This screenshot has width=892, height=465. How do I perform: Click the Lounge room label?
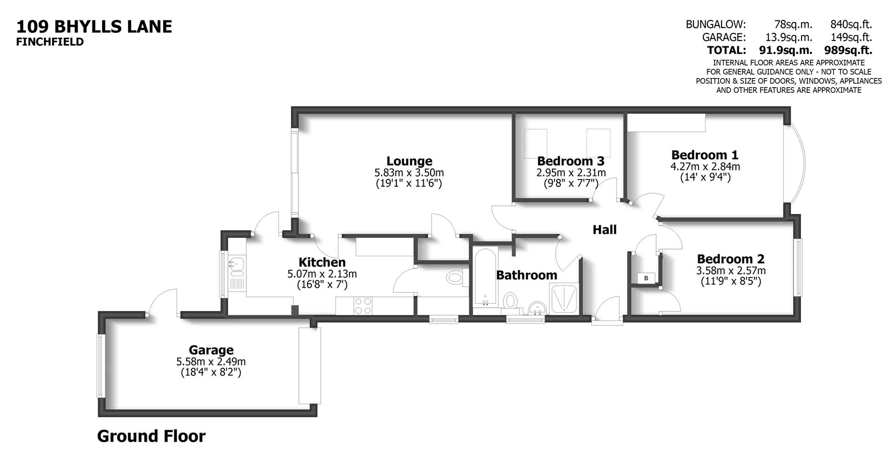409,161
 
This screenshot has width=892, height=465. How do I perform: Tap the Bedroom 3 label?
571,161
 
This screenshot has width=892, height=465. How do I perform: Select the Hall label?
604,229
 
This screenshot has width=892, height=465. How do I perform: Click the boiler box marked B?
646,278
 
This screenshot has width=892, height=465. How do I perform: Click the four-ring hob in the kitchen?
362,306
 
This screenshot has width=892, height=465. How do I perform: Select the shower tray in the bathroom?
563,297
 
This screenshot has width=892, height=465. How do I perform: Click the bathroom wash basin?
538,307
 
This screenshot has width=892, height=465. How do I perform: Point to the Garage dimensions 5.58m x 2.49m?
211,362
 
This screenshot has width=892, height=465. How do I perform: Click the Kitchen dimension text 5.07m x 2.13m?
322,274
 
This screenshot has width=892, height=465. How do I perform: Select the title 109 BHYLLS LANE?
94,26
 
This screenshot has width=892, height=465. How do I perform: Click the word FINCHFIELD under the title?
50,42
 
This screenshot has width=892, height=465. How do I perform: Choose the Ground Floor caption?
151,436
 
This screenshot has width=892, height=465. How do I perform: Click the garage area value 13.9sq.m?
788,37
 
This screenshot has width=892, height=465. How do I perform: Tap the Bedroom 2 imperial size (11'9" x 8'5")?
731,281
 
